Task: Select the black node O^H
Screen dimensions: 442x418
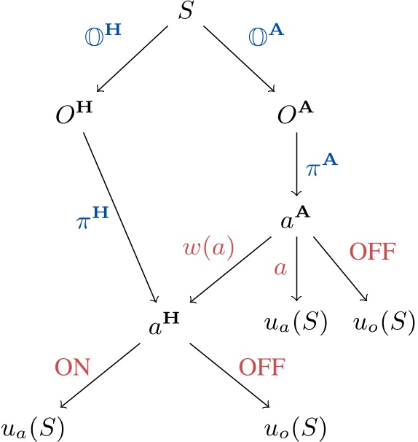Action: pos(74,115)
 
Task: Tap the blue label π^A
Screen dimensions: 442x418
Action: pos(322,166)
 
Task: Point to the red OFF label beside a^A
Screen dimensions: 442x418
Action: pos(374,252)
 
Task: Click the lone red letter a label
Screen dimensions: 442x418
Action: pos(280,268)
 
